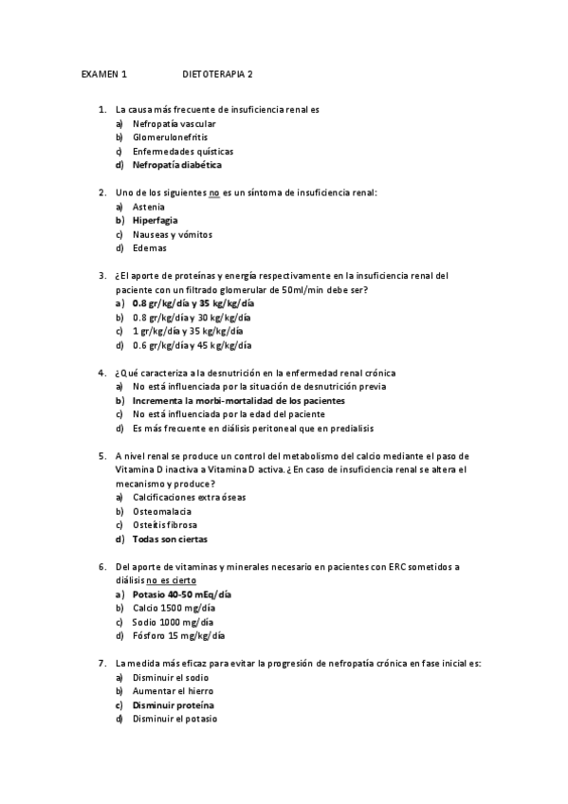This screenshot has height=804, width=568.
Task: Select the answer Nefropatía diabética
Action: pyautogui.click(x=176, y=164)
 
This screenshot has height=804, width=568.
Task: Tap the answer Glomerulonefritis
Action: pyautogui.click(x=170, y=137)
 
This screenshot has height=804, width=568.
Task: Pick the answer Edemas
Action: pyautogui.click(x=149, y=247)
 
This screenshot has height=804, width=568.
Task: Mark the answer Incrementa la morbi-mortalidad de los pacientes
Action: pyautogui.click(x=238, y=400)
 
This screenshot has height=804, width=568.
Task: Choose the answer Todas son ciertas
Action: pyautogui.click(x=170, y=539)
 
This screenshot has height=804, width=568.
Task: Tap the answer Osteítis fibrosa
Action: pyautogui.click(x=165, y=524)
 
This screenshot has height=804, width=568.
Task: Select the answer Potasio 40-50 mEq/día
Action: pyautogui.click(x=182, y=594)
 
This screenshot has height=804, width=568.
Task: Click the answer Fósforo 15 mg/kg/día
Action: pyautogui.click(x=178, y=635)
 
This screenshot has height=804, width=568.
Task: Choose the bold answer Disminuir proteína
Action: pyautogui.click(x=173, y=705)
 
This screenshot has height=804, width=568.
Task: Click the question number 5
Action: pyautogui.click(x=101, y=456)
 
